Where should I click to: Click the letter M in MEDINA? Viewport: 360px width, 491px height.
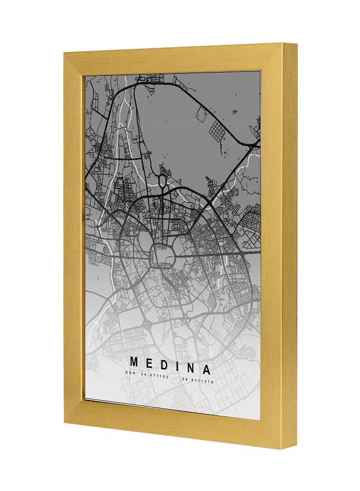[134, 362]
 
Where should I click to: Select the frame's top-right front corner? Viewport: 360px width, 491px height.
[283, 44]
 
